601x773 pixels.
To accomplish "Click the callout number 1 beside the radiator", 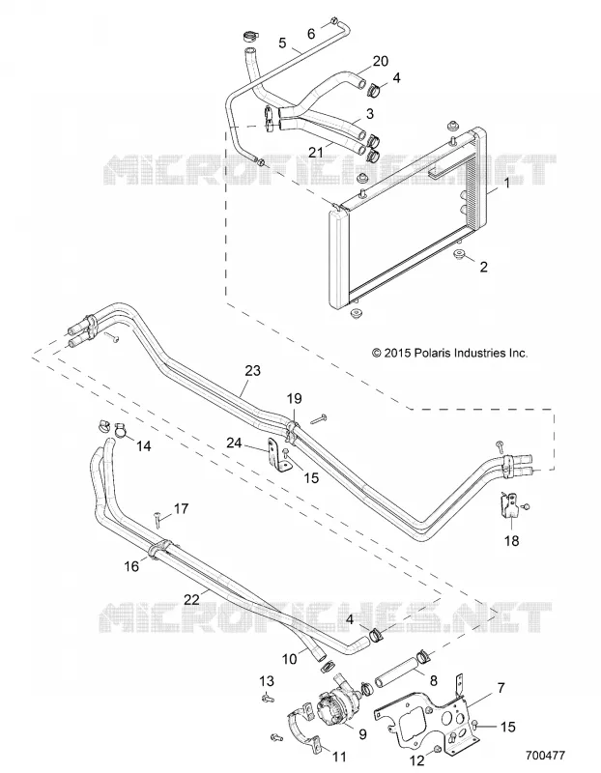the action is (507, 184).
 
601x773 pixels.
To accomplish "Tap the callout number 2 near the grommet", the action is (484, 267).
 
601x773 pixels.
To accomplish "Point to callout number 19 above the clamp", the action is (294, 398).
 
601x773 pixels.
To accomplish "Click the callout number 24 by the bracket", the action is (234, 444).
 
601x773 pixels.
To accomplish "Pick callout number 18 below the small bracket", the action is (512, 541).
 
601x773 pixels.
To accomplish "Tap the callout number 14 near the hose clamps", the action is (143, 446).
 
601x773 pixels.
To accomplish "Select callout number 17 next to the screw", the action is (182, 508).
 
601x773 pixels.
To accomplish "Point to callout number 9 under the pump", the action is (362, 734).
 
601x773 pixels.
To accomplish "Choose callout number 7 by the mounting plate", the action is (501, 688).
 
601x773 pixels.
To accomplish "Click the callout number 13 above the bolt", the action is (267, 681).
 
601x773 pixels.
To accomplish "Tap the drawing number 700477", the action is (545, 756).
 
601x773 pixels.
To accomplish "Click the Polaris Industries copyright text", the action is (449, 353).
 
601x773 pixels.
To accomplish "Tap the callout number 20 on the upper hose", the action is (381, 61).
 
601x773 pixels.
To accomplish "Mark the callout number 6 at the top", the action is (311, 34).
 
